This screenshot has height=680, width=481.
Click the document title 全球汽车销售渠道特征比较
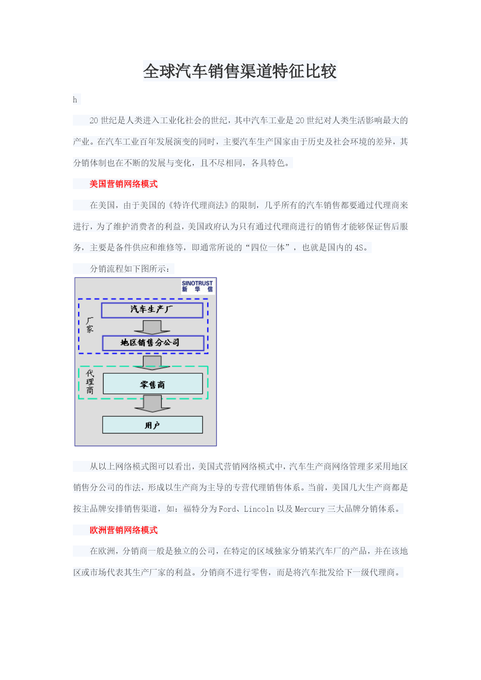point(240,71)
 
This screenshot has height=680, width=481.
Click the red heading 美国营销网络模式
point(124,184)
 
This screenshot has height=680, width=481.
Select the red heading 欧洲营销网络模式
point(124,530)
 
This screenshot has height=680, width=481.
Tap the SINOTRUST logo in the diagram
point(197,286)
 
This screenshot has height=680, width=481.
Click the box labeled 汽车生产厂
point(152,310)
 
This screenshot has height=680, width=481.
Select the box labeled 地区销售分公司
point(153,343)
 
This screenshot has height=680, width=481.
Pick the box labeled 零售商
point(153,384)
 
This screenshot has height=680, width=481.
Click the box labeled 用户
point(153,425)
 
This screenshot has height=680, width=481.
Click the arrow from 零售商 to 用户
point(152,404)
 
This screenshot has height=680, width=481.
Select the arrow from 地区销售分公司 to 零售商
point(152,362)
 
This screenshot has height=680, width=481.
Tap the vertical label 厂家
point(90,325)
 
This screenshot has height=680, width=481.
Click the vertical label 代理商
point(90,382)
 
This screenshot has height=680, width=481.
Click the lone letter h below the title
point(75,100)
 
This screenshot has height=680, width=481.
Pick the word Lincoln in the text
point(259,509)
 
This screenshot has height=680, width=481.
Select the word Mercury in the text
point(310,509)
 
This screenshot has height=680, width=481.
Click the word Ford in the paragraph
point(228,509)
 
